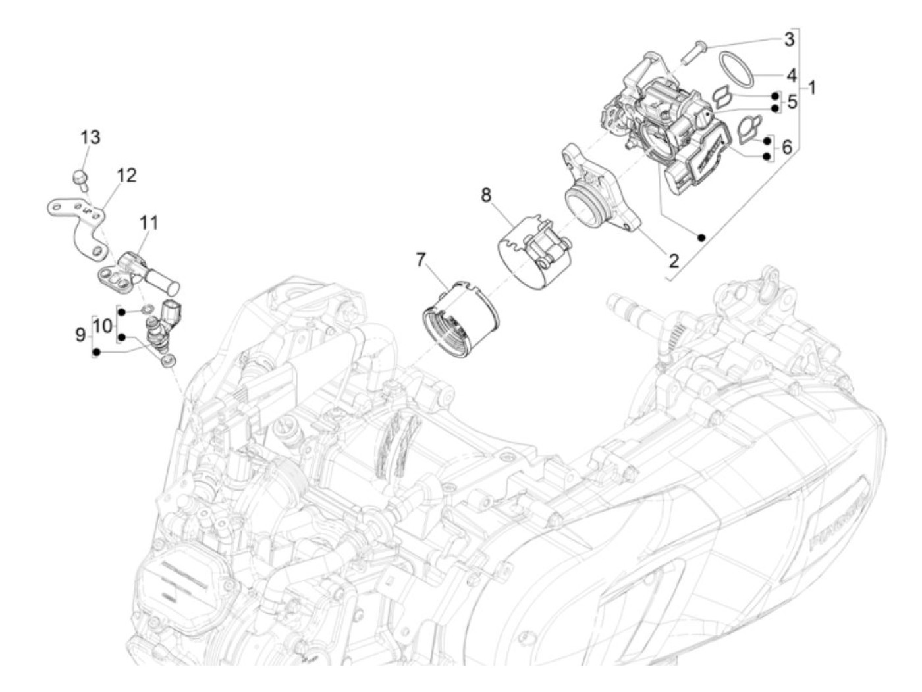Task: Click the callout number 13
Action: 91,137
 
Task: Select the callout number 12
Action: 126,176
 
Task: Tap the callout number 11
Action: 149,223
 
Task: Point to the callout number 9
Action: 80,335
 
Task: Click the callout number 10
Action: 102,325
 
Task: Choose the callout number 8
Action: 486,195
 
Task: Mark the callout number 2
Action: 673,260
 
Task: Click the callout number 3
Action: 789,39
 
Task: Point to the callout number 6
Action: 787,147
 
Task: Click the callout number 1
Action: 812,87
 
